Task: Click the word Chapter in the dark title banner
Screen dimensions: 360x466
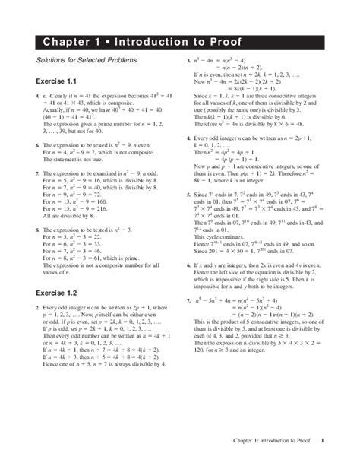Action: tap(66, 40)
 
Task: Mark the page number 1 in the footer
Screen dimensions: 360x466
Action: tap(323, 440)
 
